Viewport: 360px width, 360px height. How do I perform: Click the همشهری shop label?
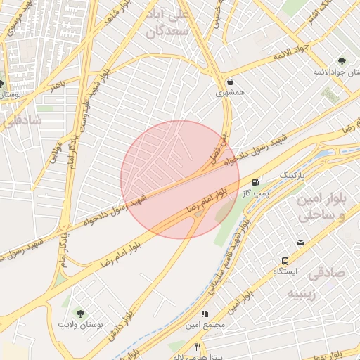[231, 93]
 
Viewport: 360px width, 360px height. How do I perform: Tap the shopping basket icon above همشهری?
[231, 82]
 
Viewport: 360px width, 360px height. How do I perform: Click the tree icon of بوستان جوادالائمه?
[342, 61]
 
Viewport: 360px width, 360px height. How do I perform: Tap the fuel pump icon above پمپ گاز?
[255, 182]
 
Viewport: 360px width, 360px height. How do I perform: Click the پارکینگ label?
[293, 173]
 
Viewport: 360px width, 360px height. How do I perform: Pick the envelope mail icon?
[301, 243]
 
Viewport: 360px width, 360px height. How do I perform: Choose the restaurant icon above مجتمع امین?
[205, 314]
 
